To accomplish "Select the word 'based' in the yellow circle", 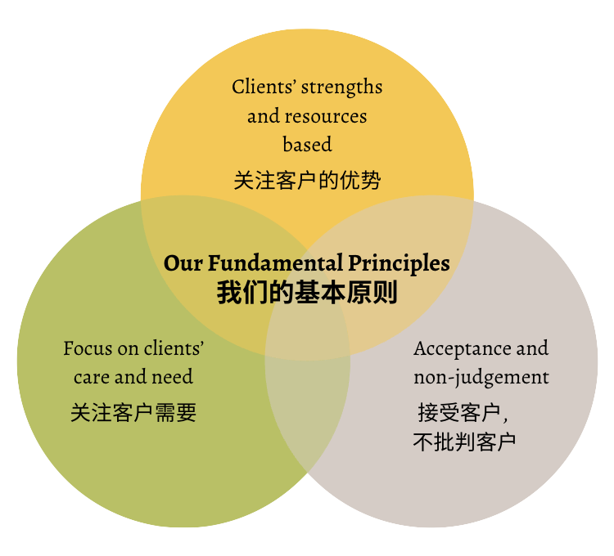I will (x=307, y=145).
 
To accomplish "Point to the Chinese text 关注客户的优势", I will (x=307, y=180).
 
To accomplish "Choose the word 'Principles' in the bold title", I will (x=399, y=263).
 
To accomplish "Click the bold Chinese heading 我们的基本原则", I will (x=307, y=293).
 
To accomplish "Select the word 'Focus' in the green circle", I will (x=88, y=348).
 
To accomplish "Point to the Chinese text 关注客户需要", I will (x=133, y=412).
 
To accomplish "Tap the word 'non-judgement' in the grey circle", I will (x=481, y=377).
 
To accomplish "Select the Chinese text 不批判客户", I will (x=464, y=442).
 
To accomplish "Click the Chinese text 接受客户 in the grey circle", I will (x=458, y=412).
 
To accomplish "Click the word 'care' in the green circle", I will (x=91, y=377).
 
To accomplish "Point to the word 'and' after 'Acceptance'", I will (x=531, y=348).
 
